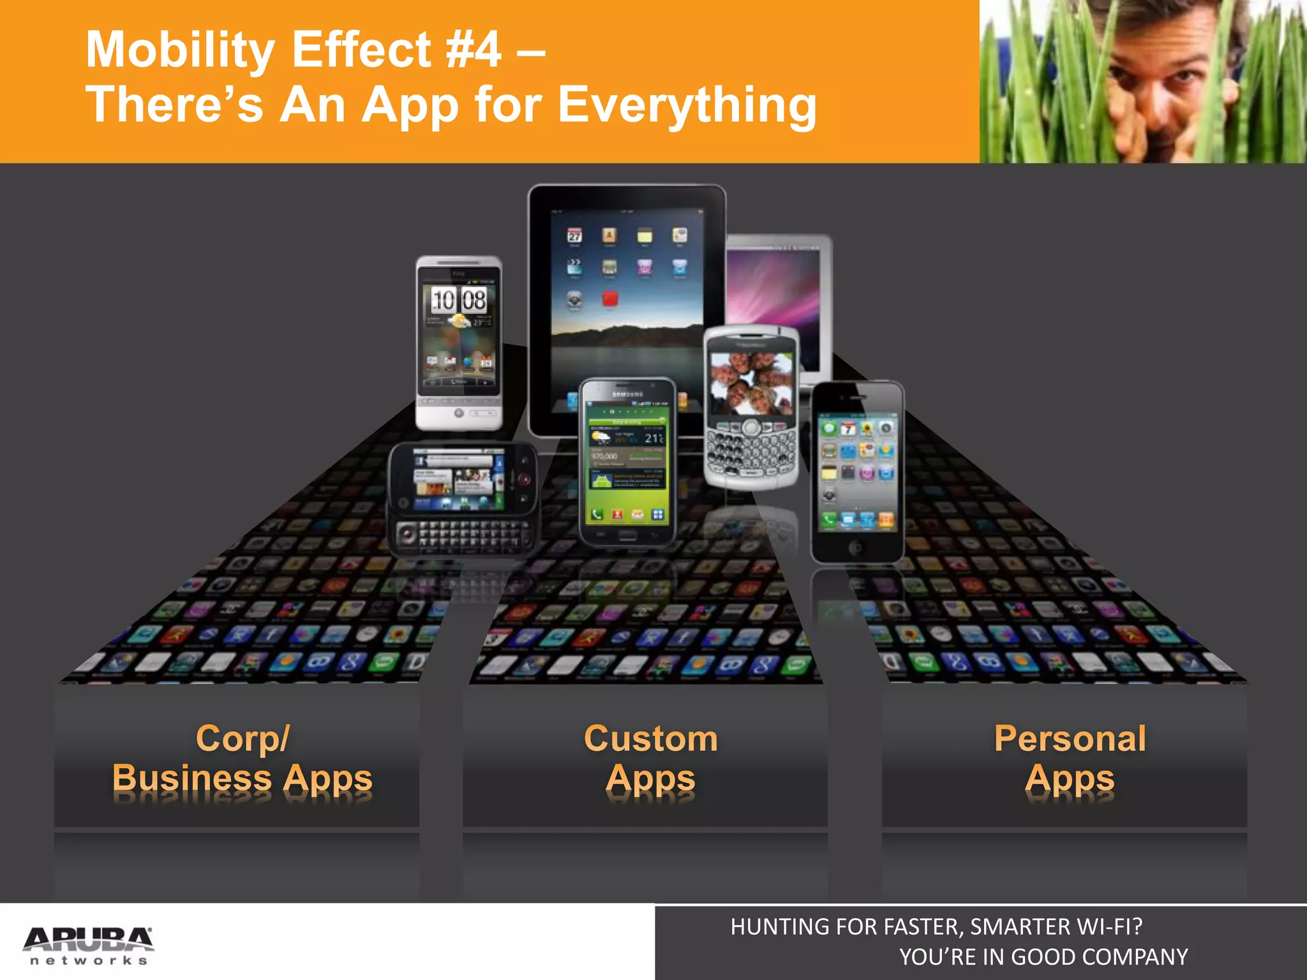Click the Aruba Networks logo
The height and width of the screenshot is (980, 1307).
pos(88,945)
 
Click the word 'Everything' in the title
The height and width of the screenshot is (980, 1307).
pos(687,105)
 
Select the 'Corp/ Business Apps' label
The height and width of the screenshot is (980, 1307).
pos(242,759)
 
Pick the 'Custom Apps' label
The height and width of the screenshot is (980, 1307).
pos(650,759)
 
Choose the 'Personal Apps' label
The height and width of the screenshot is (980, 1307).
pos(1070,759)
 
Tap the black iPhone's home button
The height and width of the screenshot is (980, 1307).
pos(856,547)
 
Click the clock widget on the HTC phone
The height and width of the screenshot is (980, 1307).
pos(458,300)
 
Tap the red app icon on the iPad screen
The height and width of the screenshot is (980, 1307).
pos(609,299)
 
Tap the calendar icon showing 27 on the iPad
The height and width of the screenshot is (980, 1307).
pos(574,236)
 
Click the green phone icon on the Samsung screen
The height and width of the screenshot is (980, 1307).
pos(597,515)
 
